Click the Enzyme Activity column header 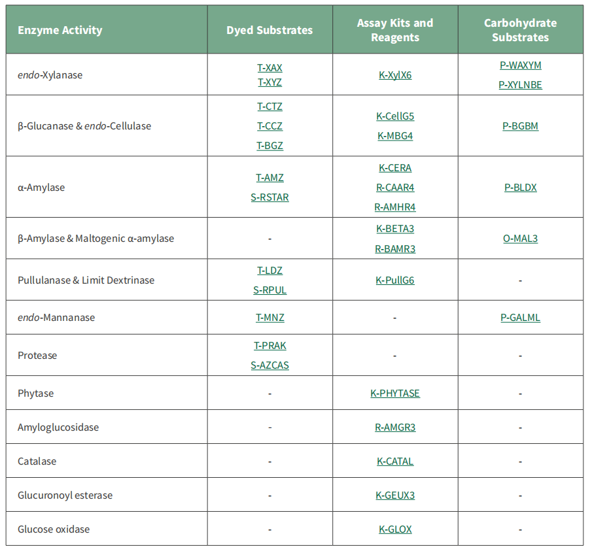point(60,30)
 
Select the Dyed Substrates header point(269,30)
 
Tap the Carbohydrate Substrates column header point(521,30)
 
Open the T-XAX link point(269,68)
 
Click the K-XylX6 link point(395,75)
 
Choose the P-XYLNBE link point(521,85)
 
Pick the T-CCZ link point(269,126)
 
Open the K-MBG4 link point(395,136)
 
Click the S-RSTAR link point(269,197)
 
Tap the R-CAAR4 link point(395,188)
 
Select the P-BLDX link point(521,188)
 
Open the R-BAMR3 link point(395,249)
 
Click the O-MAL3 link point(521,239)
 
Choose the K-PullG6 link point(395,280)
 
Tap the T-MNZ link point(269,318)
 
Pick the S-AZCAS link point(269,365)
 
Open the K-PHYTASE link point(395,393)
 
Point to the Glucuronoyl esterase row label point(65,495)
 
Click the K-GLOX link point(395,529)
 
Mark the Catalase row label point(37,461)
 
